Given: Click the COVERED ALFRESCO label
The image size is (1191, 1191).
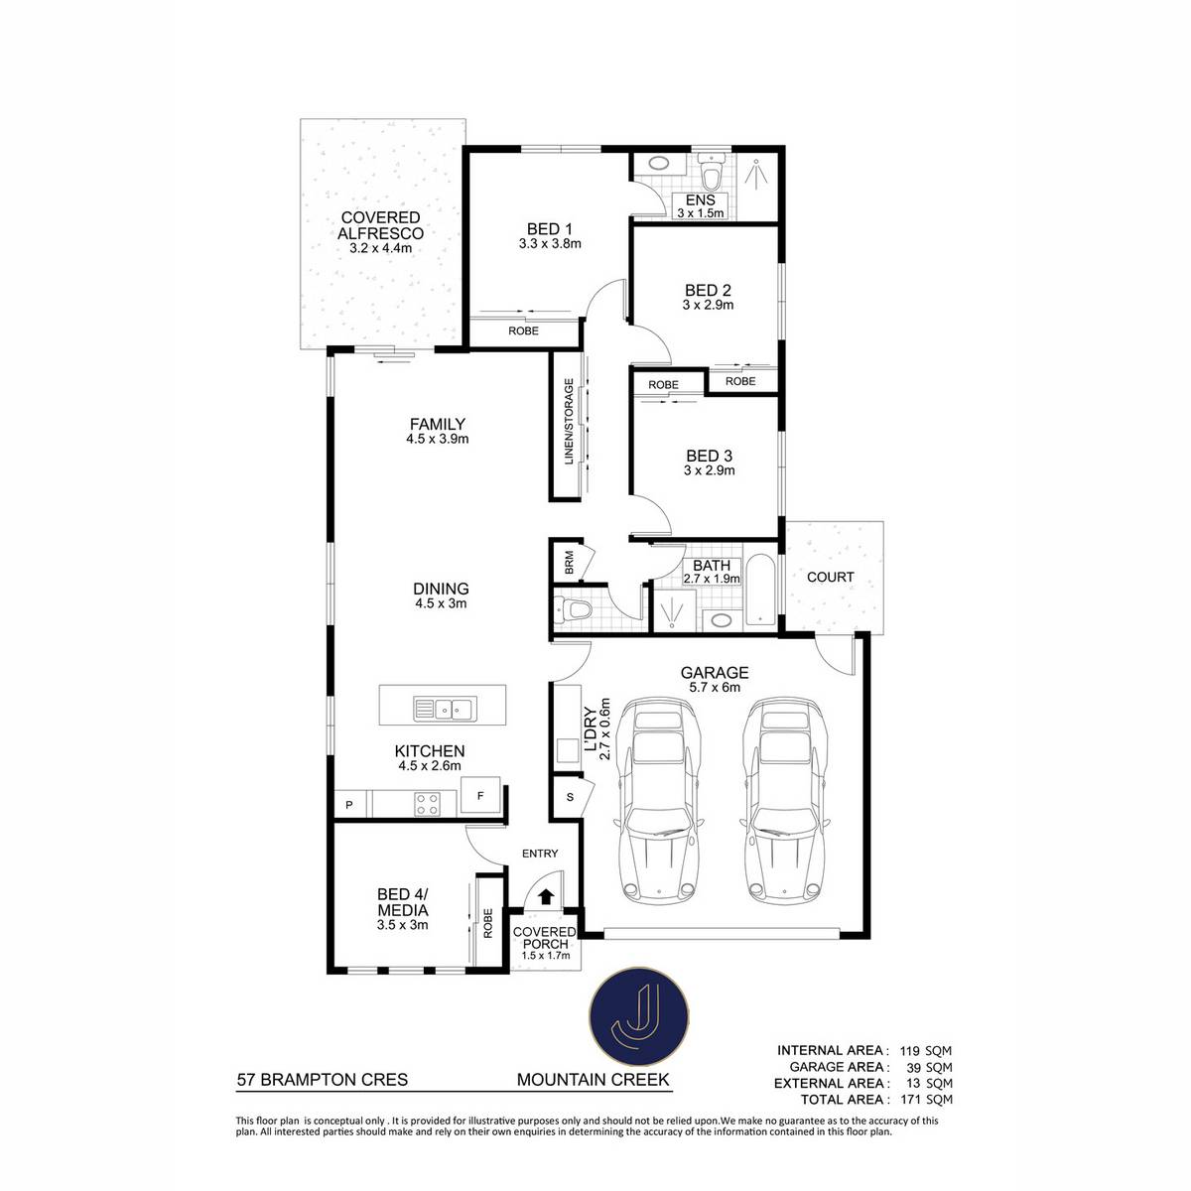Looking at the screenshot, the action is click(x=380, y=225).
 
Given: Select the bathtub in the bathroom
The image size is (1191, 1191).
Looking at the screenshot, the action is click(x=761, y=591).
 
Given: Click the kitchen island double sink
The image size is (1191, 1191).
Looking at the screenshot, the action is click(x=443, y=709).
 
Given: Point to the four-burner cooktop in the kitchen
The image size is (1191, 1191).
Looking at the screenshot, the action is click(x=428, y=804).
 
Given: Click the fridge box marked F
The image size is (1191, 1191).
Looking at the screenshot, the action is click(x=480, y=795).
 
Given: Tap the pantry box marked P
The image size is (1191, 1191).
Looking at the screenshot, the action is click(x=349, y=805).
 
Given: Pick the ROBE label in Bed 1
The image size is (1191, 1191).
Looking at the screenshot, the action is click(x=523, y=331).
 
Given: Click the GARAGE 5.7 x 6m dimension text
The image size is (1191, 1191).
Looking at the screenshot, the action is click(x=715, y=687).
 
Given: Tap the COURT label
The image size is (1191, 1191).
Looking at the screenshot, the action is click(x=830, y=577).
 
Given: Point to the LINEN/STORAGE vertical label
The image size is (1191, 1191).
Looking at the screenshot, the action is click(x=569, y=421).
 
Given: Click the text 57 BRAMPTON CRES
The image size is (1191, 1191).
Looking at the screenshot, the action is click(x=323, y=1080).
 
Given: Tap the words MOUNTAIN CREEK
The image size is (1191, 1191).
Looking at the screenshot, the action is click(x=594, y=1080).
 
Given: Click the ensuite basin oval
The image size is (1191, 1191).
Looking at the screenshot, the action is click(x=659, y=165).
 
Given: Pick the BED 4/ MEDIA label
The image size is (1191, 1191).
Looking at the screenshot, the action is click(x=402, y=902).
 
